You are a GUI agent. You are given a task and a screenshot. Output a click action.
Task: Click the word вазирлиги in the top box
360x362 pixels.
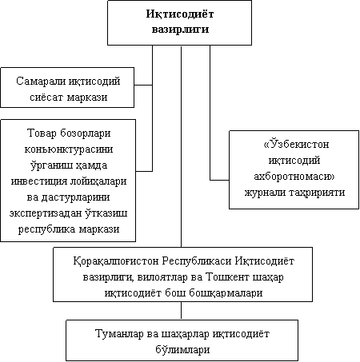(180, 30)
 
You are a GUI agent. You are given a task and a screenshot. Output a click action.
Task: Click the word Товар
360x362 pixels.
(42, 133)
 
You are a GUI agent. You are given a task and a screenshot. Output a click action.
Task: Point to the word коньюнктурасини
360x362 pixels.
(69, 149)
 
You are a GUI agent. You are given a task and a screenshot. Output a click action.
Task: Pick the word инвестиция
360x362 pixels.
(39, 181)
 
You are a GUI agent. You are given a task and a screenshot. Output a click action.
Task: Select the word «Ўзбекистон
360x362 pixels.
(296, 144)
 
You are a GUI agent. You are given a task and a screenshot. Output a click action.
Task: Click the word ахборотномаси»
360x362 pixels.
(294, 177)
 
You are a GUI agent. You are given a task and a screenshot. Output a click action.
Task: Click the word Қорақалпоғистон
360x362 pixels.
(116, 261)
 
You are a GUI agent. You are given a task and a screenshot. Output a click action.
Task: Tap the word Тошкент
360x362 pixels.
(228, 277)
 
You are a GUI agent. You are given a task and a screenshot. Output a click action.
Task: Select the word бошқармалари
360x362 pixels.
(226, 293)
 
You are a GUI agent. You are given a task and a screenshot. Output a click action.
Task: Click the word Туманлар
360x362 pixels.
(119, 334)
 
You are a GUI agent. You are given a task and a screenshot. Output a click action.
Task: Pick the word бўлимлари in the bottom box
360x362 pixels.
(182, 349)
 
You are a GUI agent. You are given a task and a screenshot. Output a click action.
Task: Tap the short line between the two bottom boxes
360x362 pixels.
(182, 311)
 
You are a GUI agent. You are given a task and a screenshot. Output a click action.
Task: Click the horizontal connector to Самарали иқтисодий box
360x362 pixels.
(143, 86)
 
